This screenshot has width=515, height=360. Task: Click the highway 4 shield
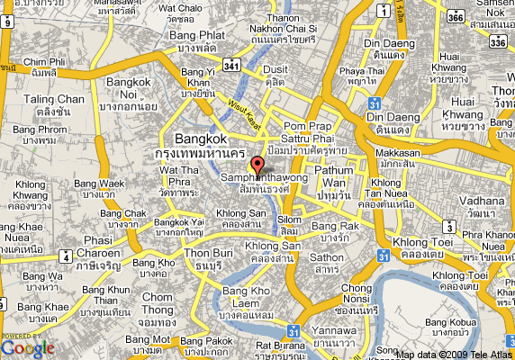(x=65, y=256)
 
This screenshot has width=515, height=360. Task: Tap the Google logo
(x=27, y=346)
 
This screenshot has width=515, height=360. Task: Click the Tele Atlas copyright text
(x=456, y=354)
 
